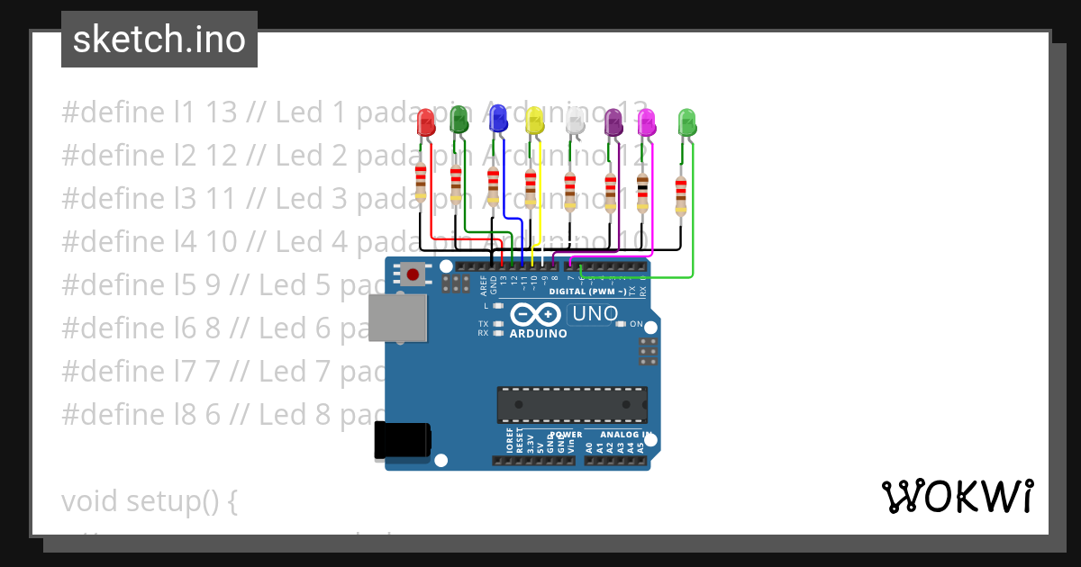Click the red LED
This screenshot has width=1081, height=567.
pyautogui.click(x=426, y=124)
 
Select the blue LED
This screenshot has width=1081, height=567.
pyautogui.click(x=497, y=119)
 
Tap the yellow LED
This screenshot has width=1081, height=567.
pyautogui.click(x=534, y=121)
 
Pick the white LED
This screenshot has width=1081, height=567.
pyautogui.click(x=575, y=122)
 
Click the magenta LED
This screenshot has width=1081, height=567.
pyautogui.click(x=646, y=123)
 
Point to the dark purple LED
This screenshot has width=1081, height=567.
pyautogui.click(x=613, y=122)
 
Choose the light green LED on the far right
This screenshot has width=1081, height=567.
pyautogui.click(x=686, y=122)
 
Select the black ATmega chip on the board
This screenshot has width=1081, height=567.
pyautogui.click(x=572, y=404)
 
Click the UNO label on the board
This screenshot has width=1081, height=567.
pyautogui.click(x=595, y=314)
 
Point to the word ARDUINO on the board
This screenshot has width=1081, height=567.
pyautogui.click(x=538, y=333)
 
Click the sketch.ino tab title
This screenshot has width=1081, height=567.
pyautogui.click(x=159, y=40)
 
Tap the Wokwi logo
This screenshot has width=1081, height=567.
pyautogui.click(x=957, y=497)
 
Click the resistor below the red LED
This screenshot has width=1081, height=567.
pyautogui.click(x=421, y=184)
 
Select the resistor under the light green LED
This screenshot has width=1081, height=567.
pyautogui.click(x=680, y=195)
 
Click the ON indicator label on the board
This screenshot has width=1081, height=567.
pyautogui.click(x=636, y=324)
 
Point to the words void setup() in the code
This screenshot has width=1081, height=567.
pyautogui.click(x=149, y=501)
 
